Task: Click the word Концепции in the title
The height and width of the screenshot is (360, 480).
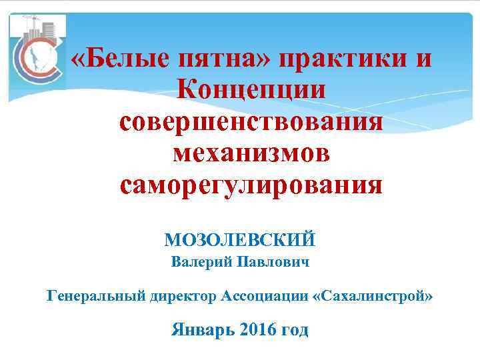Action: pos(251,91)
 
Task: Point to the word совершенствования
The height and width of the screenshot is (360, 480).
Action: pos(251,122)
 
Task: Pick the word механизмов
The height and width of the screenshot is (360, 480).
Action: pos(251,153)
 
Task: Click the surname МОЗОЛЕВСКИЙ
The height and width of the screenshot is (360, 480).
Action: pos(239,239)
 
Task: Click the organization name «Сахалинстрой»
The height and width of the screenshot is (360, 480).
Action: pos(372,295)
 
